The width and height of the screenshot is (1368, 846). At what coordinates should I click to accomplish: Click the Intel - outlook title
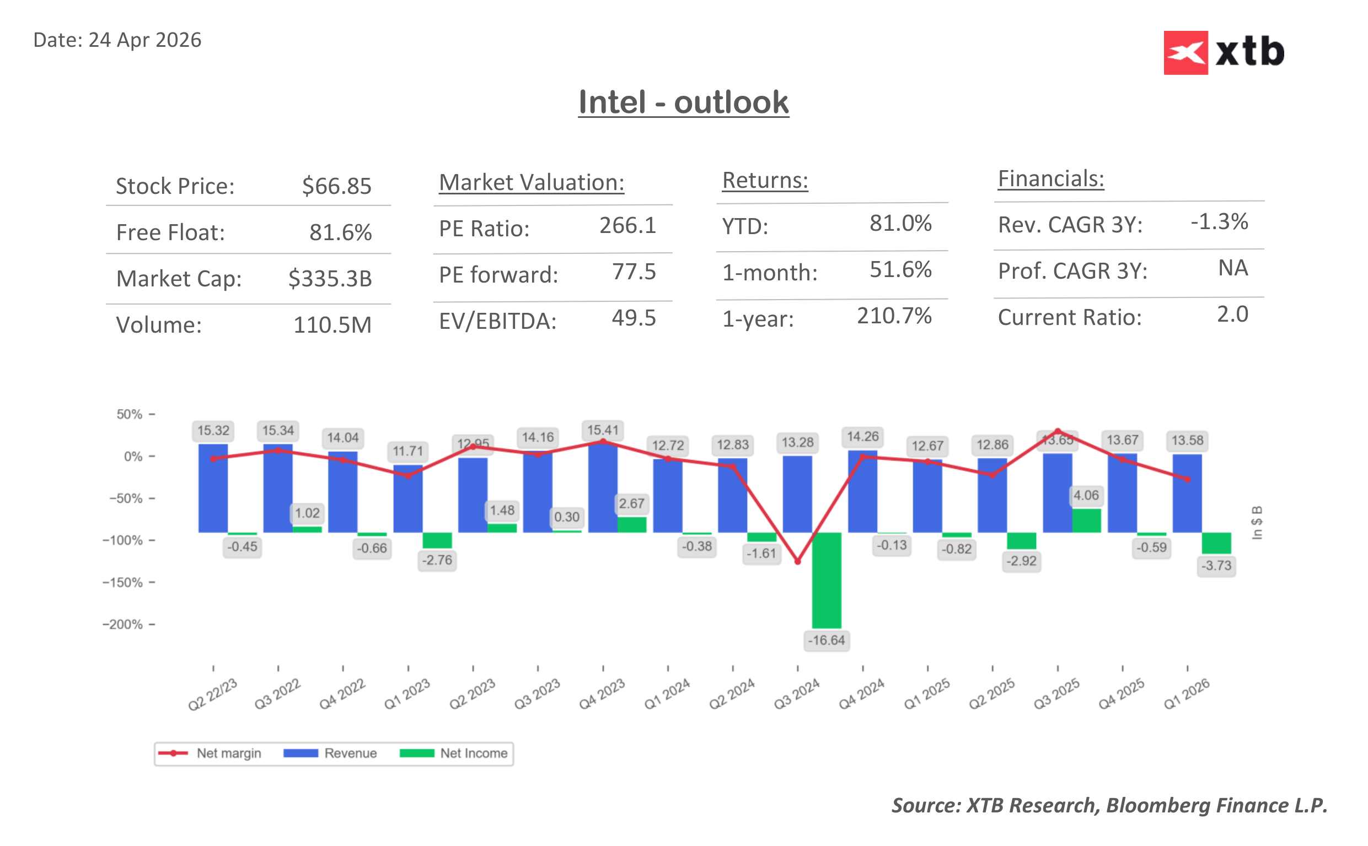pos(683,102)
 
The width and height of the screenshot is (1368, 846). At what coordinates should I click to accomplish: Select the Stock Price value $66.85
pos(336,186)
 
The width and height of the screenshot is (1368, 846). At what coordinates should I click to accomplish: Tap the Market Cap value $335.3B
pos(330,278)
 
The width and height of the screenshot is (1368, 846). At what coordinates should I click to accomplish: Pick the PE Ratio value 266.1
pos(627,225)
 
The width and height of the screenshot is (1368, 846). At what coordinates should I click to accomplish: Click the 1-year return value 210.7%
pos(894,316)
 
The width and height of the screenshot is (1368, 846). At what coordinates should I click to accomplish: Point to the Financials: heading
pos(1050,179)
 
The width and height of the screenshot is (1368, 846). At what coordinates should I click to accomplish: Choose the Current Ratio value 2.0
pos(1232,314)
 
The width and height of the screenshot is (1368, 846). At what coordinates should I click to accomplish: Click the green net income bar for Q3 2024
pos(827,579)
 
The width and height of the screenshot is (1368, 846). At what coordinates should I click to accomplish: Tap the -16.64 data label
pos(827,640)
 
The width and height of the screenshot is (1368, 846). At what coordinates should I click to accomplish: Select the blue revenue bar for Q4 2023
pos(603,487)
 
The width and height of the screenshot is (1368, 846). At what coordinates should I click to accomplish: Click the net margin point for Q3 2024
pos(797,561)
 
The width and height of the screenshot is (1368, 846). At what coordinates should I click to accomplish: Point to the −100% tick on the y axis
pos(122,540)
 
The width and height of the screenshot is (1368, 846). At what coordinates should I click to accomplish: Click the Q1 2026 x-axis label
pos(1186,694)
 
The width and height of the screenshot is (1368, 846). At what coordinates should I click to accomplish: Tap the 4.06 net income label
pos(1086,495)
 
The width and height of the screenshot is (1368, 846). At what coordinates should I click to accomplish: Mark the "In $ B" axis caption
pos(1257,523)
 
